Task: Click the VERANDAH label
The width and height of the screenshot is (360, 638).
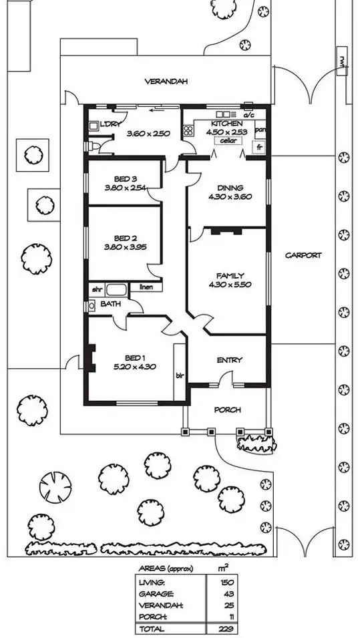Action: coord(166,82)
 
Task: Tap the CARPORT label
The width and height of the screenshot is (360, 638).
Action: coord(303,255)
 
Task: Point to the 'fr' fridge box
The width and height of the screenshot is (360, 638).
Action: coord(258,147)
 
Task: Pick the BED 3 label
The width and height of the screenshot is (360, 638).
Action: coord(125,179)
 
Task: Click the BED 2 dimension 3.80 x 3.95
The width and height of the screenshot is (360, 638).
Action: coord(125,247)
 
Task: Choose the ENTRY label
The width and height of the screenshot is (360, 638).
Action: coord(230,360)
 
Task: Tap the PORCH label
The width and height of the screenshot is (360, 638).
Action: coord(227,410)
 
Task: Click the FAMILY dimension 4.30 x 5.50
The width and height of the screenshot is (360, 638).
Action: coord(230,285)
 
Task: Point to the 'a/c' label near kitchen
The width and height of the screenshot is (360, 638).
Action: coord(249,116)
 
